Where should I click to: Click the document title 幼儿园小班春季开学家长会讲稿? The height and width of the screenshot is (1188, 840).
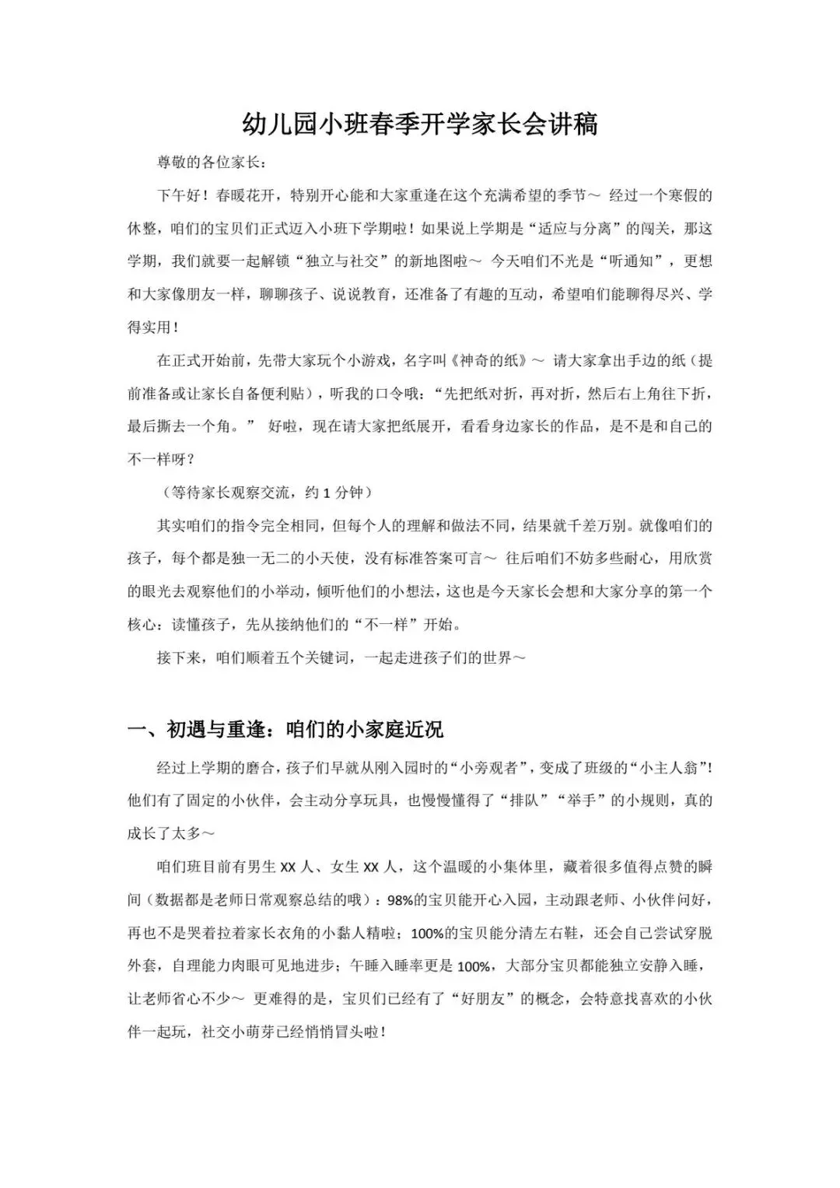(x=419, y=123)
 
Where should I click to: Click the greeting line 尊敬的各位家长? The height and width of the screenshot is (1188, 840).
(x=211, y=163)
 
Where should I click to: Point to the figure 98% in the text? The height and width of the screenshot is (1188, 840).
(x=401, y=900)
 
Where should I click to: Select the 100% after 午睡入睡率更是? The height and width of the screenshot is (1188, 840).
(x=474, y=966)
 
